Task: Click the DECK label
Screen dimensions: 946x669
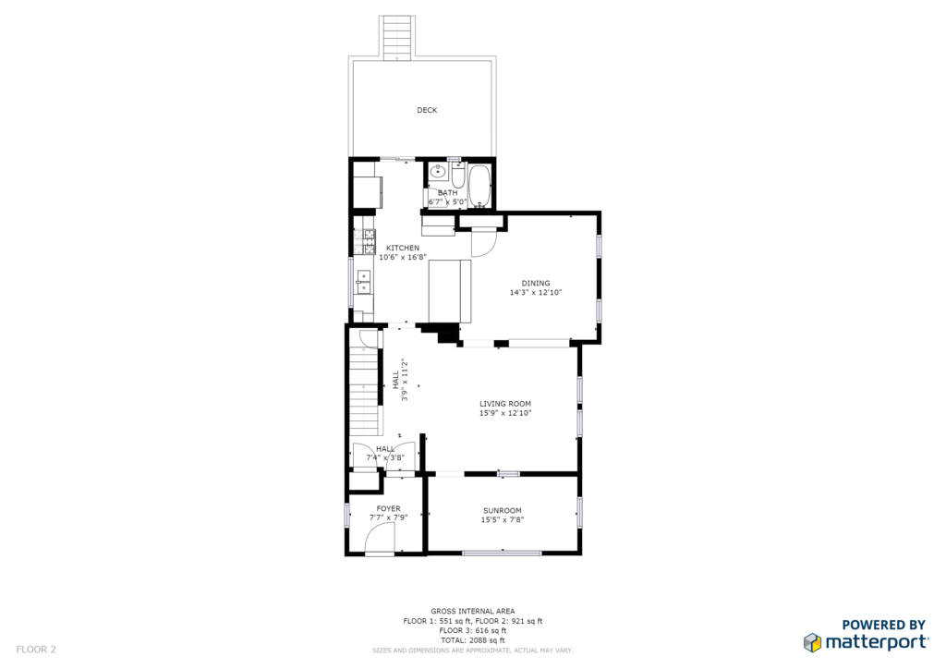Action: point(427,110)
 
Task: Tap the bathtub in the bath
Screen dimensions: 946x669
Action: point(480,186)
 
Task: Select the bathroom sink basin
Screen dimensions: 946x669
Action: point(438,172)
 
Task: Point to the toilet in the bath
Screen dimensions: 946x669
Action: point(457,175)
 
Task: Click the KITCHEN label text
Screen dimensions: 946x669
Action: point(403,248)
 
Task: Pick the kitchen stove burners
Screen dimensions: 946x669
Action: point(368,242)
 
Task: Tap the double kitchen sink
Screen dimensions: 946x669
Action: point(364,282)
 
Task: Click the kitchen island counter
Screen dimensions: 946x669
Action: point(450,291)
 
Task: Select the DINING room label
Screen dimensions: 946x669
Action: point(536,283)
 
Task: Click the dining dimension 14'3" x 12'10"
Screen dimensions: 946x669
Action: point(536,293)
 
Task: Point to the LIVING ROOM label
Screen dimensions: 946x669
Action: point(505,404)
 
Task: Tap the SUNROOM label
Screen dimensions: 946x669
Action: point(503,510)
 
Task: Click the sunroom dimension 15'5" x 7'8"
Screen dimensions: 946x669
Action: point(503,519)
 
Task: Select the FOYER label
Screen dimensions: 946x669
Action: point(389,508)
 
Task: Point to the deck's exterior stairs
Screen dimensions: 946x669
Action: point(398,37)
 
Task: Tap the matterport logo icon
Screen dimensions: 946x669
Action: point(813,642)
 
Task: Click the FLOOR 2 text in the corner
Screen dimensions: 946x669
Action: point(36,650)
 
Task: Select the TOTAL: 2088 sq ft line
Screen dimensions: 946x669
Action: point(473,640)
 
